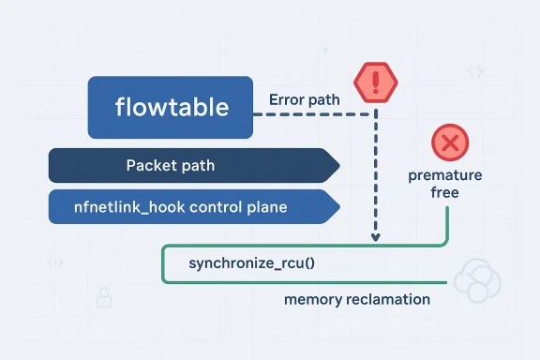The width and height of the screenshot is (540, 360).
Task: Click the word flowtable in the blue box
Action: (x=171, y=108)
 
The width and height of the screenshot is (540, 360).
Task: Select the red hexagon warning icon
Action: (x=375, y=83)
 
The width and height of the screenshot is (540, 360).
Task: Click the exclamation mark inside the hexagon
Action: (x=375, y=82)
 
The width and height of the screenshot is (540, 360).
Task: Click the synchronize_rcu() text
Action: (x=252, y=262)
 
